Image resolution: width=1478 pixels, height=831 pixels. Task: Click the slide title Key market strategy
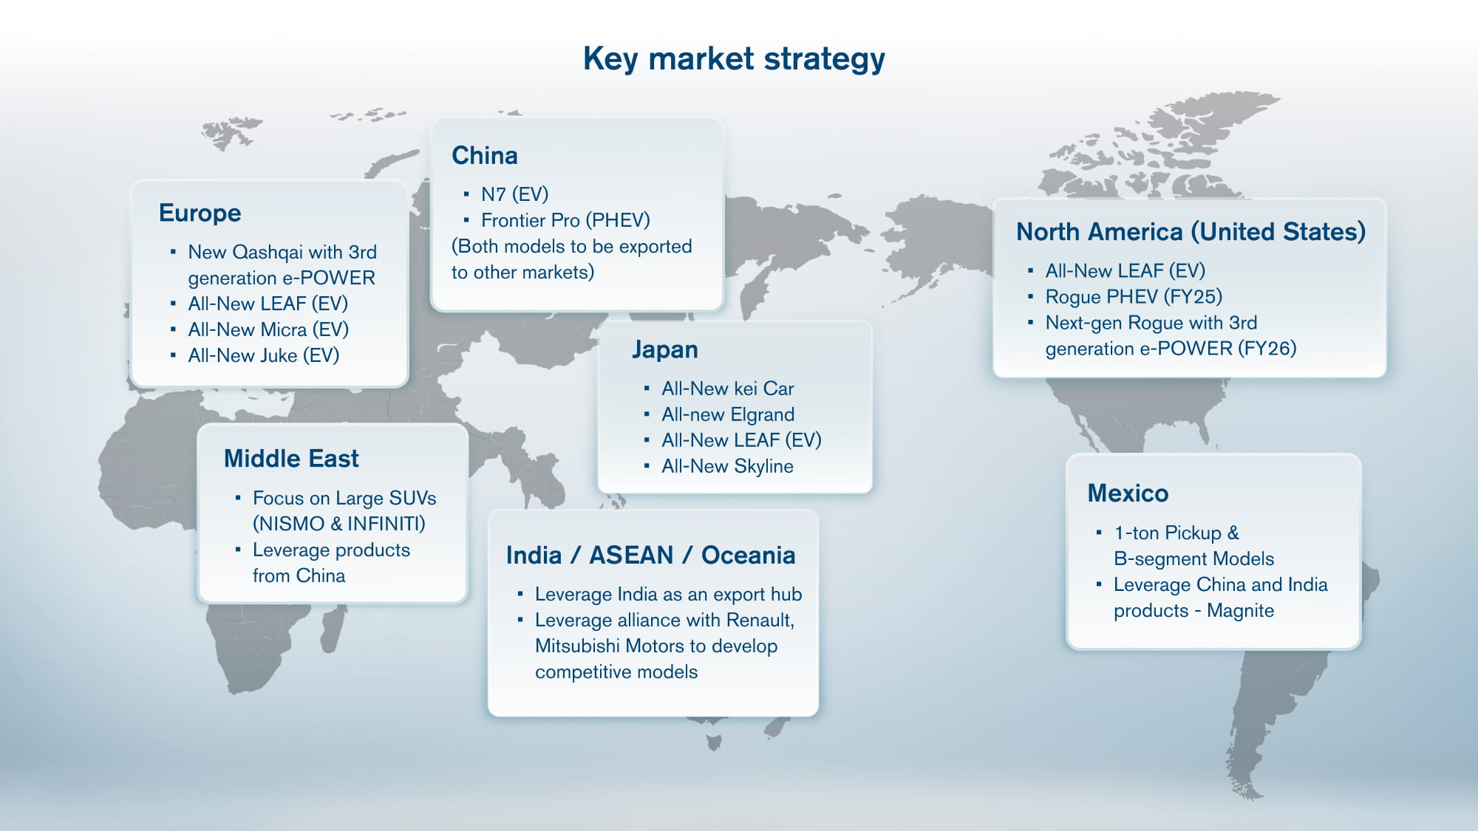tap(734, 59)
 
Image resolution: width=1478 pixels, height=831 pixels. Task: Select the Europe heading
tap(200, 213)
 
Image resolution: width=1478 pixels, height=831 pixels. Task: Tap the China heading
tap(484, 155)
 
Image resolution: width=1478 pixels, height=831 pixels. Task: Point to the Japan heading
tap(664, 349)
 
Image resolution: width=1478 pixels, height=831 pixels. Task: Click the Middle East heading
tap(291, 459)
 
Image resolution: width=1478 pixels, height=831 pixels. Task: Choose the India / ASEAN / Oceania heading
tap(650, 555)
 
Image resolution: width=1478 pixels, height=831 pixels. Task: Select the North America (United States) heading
tap(1191, 232)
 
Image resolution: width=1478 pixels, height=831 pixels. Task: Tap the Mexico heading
tap(1128, 493)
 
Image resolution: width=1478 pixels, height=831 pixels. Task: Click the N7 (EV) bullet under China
tap(514, 194)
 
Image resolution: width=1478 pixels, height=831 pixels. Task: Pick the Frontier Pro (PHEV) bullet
tap(565, 220)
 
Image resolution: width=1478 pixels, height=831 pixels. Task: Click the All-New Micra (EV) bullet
tap(268, 329)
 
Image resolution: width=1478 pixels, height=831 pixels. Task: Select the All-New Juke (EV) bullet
tap(263, 355)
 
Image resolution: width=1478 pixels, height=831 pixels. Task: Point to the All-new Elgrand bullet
tap(727, 414)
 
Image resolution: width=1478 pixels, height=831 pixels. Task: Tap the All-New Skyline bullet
tap(727, 466)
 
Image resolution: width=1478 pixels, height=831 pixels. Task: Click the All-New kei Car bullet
tap(727, 389)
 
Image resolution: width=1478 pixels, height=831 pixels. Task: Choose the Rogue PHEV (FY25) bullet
tap(1133, 297)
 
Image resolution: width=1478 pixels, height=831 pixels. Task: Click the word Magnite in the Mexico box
tap(1240, 611)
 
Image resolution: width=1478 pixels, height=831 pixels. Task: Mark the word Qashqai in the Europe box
tap(268, 253)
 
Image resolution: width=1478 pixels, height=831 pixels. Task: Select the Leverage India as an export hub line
tap(668, 595)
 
